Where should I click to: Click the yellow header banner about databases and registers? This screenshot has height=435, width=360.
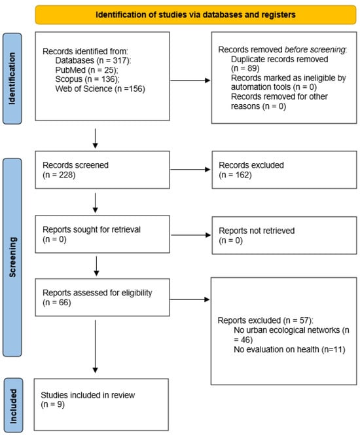[195, 14]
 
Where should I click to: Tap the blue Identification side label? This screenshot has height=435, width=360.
[12, 79]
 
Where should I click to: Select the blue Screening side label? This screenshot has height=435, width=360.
[12, 257]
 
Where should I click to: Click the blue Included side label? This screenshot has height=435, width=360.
[13, 406]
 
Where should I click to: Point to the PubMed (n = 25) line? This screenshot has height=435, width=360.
[87, 70]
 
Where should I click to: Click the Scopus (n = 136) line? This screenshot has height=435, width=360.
[87, 79]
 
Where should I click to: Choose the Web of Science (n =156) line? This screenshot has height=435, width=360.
[100, 89]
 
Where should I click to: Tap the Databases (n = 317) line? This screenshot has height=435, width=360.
[93, 60]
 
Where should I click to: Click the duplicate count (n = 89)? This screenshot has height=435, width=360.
[245, 68]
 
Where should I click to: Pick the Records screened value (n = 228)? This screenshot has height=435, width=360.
[59, 175]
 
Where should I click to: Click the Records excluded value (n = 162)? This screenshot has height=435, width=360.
[235, 175]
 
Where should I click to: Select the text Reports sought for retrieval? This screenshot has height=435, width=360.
[92, 229]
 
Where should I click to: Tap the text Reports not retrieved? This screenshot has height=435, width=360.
[257, 231]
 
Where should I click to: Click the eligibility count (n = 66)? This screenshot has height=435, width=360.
[57, 303]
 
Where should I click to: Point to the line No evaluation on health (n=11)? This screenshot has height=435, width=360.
[289, 350]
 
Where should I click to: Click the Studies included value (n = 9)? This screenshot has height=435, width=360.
[52, 404]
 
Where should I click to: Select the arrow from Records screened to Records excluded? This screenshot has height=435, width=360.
[190, 170]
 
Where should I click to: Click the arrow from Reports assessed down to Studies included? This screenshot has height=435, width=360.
[96, 347]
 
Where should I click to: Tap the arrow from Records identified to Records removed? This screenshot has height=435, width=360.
[190, 81]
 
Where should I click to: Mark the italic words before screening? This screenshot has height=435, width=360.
[315, 50]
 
